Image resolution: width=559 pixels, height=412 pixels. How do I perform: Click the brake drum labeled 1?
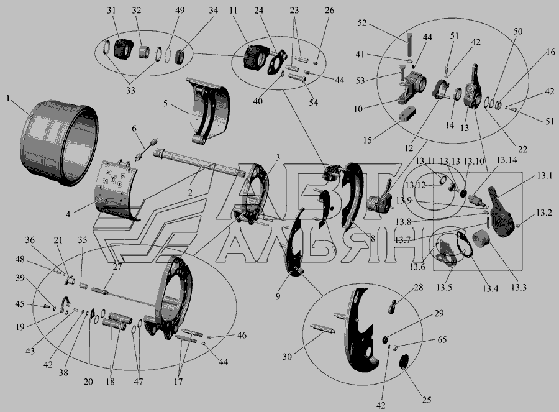click(x=59, y=143)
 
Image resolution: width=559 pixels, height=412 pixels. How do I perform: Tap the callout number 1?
click(x=8, y=98)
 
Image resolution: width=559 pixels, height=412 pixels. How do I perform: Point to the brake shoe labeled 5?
click(x=208, y=110)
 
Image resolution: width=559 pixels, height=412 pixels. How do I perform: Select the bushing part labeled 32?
click(x=144, y=52)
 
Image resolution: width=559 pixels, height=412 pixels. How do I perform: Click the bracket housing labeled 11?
click(x=256, y=57)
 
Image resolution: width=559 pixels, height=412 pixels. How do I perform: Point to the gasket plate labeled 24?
click(x=277, y=63)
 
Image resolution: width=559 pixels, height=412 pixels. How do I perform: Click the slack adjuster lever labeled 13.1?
click(x=501, y=213)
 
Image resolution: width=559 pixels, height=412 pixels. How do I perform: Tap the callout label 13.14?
click(x=507, y=160)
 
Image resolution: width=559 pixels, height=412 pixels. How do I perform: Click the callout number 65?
click(x=442, y=339)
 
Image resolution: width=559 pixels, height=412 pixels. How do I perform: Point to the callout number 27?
click(x=117, y=267)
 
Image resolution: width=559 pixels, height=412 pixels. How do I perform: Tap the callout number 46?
click(x=242, y=336)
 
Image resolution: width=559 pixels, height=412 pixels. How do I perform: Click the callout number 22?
click(x=522, y=149)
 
